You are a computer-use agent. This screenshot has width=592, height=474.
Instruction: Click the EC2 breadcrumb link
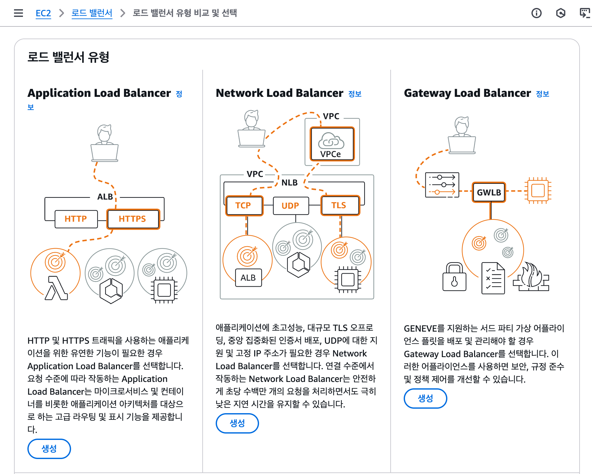point(43,13)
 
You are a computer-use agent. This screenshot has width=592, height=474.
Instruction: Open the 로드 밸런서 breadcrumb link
point(92,13)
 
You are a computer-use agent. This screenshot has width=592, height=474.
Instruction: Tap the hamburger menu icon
point(18,13)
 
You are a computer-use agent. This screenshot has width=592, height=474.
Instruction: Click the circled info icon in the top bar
point(537,13)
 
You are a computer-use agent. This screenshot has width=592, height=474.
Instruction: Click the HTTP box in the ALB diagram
point(76,219)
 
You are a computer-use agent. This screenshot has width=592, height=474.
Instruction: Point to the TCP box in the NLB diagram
point(244,205)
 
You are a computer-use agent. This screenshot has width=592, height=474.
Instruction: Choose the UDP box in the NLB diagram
point(291,206)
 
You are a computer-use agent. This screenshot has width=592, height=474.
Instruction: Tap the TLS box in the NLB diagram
point(340,205)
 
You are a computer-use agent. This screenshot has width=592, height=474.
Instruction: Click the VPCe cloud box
point(332,144)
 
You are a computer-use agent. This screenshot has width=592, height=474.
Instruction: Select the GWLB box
point(489,192)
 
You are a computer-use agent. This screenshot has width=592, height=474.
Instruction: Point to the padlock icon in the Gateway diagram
point(454,276)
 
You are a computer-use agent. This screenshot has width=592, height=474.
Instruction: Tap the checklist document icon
point(493,278)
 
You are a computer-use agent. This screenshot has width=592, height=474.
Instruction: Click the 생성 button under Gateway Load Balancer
point(425,399)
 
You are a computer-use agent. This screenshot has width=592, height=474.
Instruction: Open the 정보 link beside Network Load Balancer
point(355,94)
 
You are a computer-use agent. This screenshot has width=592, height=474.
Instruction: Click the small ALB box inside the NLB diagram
point(248,278)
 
